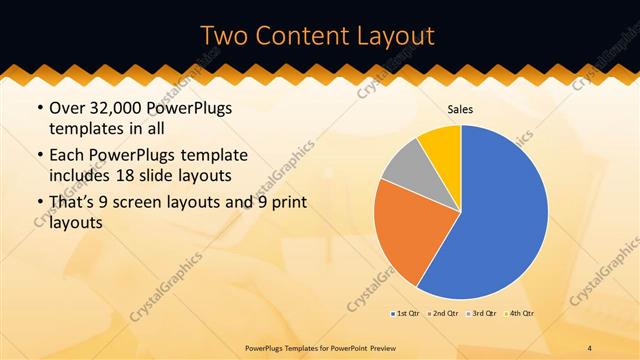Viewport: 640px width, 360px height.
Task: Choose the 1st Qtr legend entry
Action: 405,314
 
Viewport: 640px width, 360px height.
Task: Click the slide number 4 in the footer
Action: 591,347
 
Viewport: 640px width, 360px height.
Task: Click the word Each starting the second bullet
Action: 68,155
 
